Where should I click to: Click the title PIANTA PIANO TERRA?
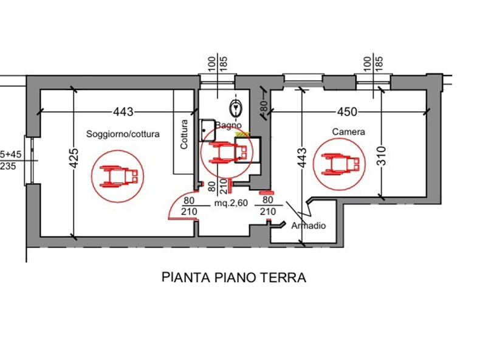(x=233, y=278)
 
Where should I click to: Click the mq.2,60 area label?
(x=230, y=204)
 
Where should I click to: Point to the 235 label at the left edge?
(x=9, y=166)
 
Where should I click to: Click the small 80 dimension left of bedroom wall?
(x=264, y=106)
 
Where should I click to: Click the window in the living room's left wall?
(x=27, y=160)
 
